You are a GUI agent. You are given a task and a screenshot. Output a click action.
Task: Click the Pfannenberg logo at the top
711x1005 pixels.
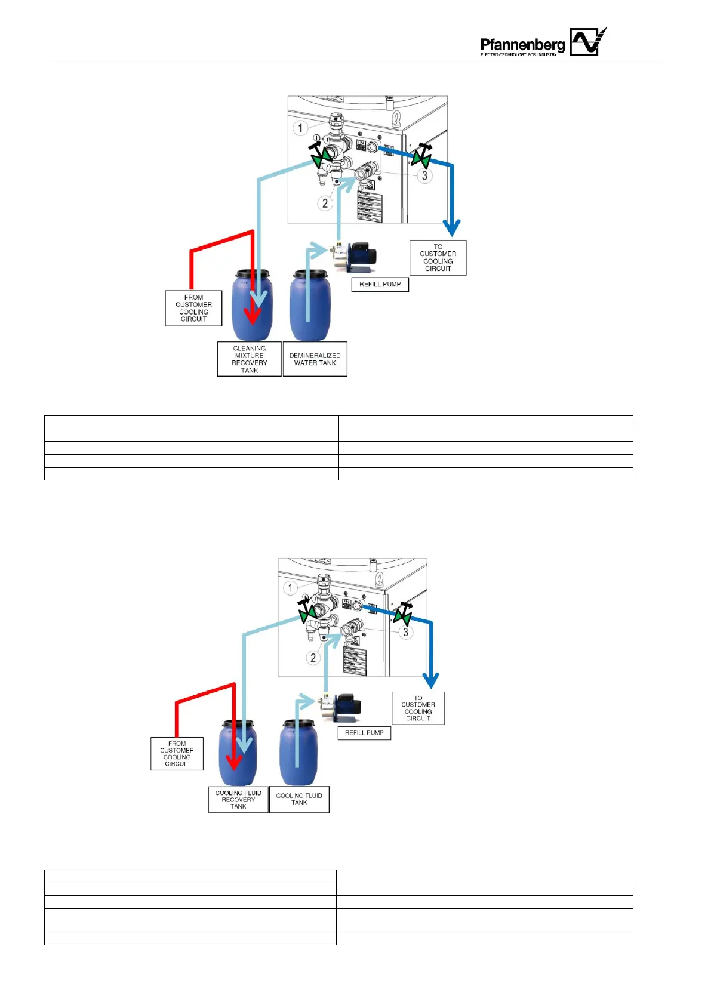coord(543,43)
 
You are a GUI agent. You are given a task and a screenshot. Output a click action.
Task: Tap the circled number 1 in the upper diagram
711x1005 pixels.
coord(300,128)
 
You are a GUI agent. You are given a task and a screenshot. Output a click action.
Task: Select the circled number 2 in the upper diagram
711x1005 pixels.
coord(325,203)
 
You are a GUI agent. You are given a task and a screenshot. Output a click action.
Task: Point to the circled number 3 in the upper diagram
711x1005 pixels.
coord(424,175)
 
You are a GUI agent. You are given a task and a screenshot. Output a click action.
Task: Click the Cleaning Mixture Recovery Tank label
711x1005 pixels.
coord(249,359)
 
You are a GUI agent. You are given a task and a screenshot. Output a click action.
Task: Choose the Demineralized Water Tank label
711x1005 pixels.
coord(315,359)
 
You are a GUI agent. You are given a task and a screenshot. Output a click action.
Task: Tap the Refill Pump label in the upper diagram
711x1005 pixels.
coord(380,285)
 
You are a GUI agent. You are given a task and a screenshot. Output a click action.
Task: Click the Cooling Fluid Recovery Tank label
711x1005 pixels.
coord(238,800)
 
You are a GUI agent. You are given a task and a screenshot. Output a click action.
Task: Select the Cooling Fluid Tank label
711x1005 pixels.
coord(299,800)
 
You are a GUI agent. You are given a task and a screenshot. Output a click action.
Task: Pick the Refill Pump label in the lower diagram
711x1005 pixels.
coord(364,733)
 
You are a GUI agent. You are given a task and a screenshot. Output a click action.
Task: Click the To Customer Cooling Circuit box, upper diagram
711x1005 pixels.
coord(438,258)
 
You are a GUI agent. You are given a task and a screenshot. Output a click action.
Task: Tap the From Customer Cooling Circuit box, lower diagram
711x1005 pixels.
coord(177,754)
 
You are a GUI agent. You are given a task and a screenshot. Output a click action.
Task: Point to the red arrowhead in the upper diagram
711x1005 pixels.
coord(253,316)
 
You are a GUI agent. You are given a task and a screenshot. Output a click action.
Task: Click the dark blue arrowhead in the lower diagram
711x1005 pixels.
coord(430,680)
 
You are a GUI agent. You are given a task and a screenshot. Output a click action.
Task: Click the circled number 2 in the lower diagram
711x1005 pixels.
coord(313,658)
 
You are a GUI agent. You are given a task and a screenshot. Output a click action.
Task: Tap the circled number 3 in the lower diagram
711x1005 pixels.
coord(406,632)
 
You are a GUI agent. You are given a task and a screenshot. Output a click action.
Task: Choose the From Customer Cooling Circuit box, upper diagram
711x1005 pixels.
coord(193,308)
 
